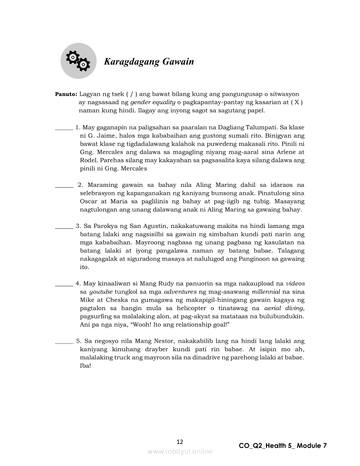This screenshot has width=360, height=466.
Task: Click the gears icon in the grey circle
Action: click(78, 61)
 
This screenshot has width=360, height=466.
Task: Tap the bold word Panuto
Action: click(66, 94)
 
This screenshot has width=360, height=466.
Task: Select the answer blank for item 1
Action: click(64, 128)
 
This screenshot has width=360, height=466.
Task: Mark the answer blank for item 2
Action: click(64, 186)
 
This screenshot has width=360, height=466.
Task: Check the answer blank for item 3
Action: click(64, 227)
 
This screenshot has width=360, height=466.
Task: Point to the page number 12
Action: click(180, 442)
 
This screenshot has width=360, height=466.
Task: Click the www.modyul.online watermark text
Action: click(180, 452)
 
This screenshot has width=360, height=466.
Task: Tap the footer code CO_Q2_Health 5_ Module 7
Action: click(282, 446)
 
